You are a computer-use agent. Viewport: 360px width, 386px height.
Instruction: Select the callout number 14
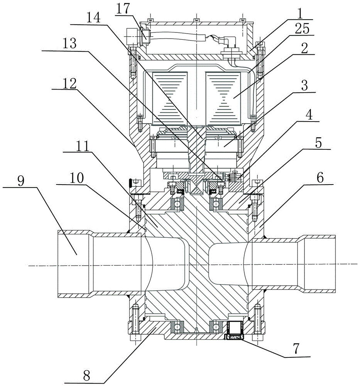93,18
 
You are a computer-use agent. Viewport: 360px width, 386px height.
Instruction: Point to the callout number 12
69,84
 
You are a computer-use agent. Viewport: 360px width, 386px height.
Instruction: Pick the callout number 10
77,178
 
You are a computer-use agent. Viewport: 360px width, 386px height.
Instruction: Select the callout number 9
21,181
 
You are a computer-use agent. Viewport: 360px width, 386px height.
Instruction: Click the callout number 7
296,349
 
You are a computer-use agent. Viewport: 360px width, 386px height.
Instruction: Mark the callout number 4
309,115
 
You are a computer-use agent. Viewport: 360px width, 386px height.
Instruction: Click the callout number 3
305,85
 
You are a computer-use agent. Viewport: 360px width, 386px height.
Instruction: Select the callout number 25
302,29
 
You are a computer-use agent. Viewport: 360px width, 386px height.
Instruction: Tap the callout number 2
305,48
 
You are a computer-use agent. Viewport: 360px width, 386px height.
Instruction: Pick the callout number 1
300,14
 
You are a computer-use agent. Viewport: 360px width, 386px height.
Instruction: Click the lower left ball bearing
177,327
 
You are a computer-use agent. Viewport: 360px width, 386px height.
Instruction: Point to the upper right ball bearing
216,204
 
